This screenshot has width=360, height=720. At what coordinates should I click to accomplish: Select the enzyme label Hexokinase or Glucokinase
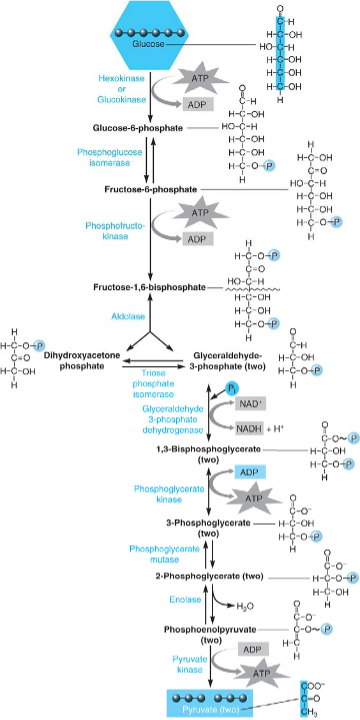point(120,88)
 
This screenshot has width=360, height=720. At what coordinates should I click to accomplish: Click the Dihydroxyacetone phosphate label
point(73,360)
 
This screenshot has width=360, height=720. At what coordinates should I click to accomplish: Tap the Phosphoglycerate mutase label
point(162,555)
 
